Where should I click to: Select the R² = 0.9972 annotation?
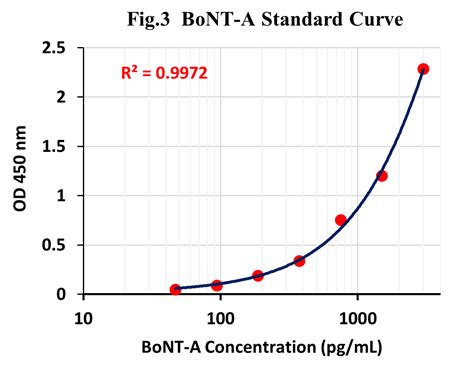165,72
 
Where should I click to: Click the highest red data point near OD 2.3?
423,69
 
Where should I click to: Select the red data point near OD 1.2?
382,176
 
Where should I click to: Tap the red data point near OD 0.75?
341,220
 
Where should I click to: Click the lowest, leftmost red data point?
176,290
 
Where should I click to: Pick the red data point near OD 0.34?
299,261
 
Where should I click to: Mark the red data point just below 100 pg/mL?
217,285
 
